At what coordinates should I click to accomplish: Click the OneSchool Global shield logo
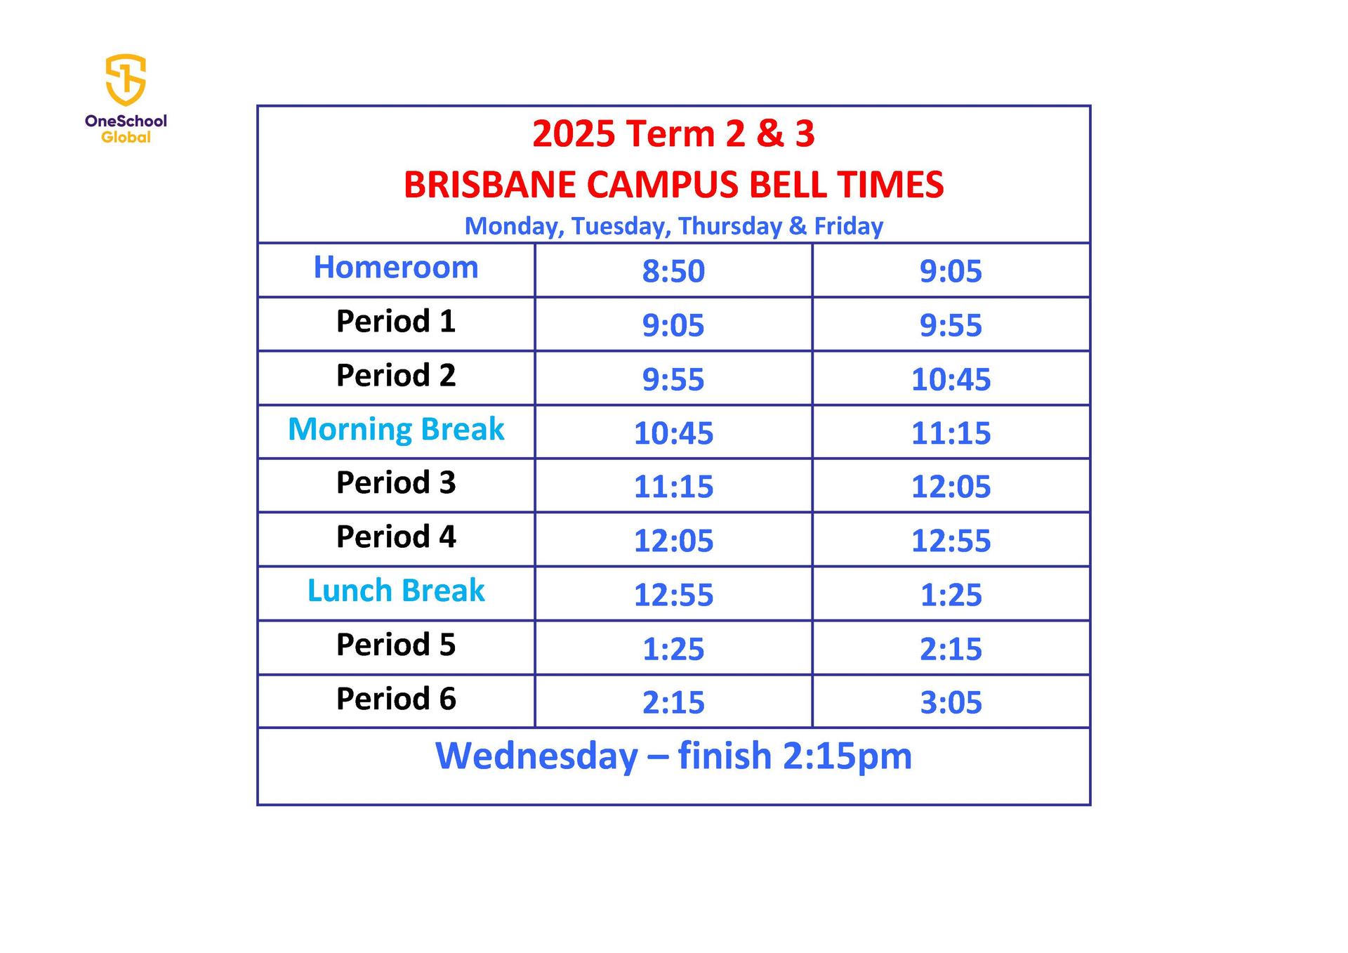click(126, 80)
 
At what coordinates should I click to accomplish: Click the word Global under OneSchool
click(126, 138)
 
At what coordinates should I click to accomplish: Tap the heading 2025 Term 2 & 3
click(673, 133)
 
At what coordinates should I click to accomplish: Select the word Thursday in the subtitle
click(729, 226)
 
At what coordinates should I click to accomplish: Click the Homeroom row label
click(396, 268)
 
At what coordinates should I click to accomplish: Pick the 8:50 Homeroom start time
click(673, 271)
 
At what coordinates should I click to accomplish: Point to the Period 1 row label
click(396, 322)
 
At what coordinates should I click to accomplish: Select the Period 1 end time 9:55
click(951, 325)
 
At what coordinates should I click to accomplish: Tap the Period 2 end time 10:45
click(951, 379)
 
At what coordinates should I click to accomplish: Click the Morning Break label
click(396, 429)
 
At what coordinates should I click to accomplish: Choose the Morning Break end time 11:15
click(951, 433)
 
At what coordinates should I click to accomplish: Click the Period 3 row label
click(396, 482)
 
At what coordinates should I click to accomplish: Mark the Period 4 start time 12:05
click(673, 541)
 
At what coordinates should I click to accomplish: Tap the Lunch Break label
click(396, 591)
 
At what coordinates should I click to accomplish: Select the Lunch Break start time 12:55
click(673, 595)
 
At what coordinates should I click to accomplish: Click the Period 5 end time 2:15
click(951, 649)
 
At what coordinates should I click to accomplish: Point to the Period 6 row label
click(396, 699)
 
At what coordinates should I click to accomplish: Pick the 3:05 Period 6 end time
click(951, 702)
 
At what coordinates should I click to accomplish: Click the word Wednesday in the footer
click(536, 756)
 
